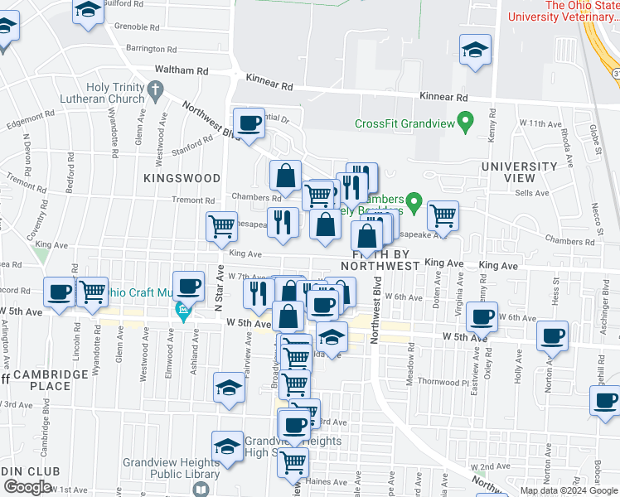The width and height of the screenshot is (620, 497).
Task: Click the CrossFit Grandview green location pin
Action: point(465,124)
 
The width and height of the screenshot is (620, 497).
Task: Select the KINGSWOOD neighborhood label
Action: point(182,178)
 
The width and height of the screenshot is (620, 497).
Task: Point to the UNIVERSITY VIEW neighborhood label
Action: point(520,171)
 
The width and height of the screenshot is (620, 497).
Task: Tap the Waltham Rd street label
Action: point(177,71)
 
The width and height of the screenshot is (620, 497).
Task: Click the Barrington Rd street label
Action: point(146,50)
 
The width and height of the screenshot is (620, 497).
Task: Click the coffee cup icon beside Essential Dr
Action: point(249,125)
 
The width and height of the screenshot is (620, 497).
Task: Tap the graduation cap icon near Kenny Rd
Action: point(476,50)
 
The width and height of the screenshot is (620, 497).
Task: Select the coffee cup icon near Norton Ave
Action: point(553,336)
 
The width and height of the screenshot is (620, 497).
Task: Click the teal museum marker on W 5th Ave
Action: point(183,313)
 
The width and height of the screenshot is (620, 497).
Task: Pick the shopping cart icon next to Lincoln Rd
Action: point(92,292)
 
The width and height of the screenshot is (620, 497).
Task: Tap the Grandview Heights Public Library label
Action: point(172,468)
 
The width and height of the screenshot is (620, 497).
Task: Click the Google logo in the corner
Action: point(27,487)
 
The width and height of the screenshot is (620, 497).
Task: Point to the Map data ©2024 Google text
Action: point(568,491)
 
